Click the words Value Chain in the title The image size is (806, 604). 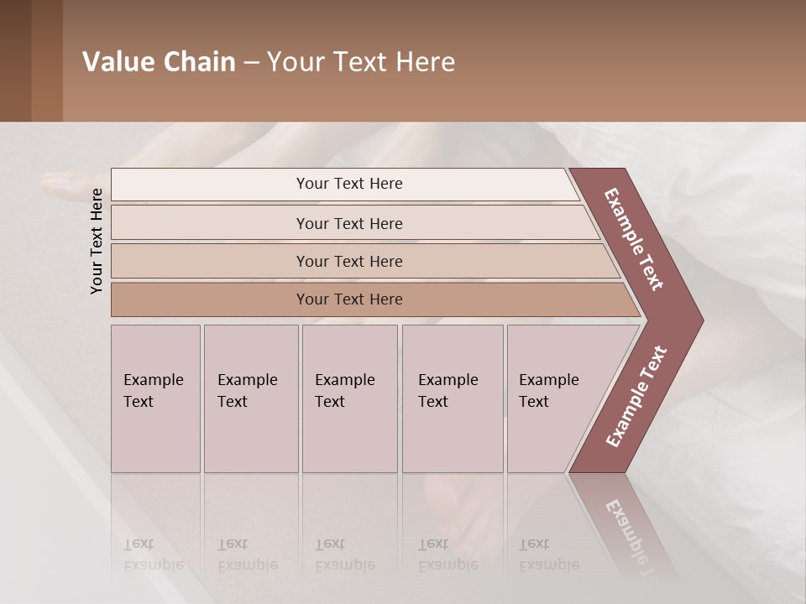coord(159,62)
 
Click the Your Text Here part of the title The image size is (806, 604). coord(361,62)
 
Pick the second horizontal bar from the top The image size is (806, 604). coord(349,223)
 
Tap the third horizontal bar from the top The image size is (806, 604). coord(349,261)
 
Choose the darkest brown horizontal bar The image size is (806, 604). coord(349,299)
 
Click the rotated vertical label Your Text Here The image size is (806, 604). coord(97,241)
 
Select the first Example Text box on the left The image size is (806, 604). coord(155,398)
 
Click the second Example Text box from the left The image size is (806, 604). coord(250,398)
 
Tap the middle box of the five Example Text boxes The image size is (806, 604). coord(349,398)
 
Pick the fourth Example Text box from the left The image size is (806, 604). coord(452,398)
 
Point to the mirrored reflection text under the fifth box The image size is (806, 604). coord(548,555)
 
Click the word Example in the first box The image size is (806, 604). coord(153,380)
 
